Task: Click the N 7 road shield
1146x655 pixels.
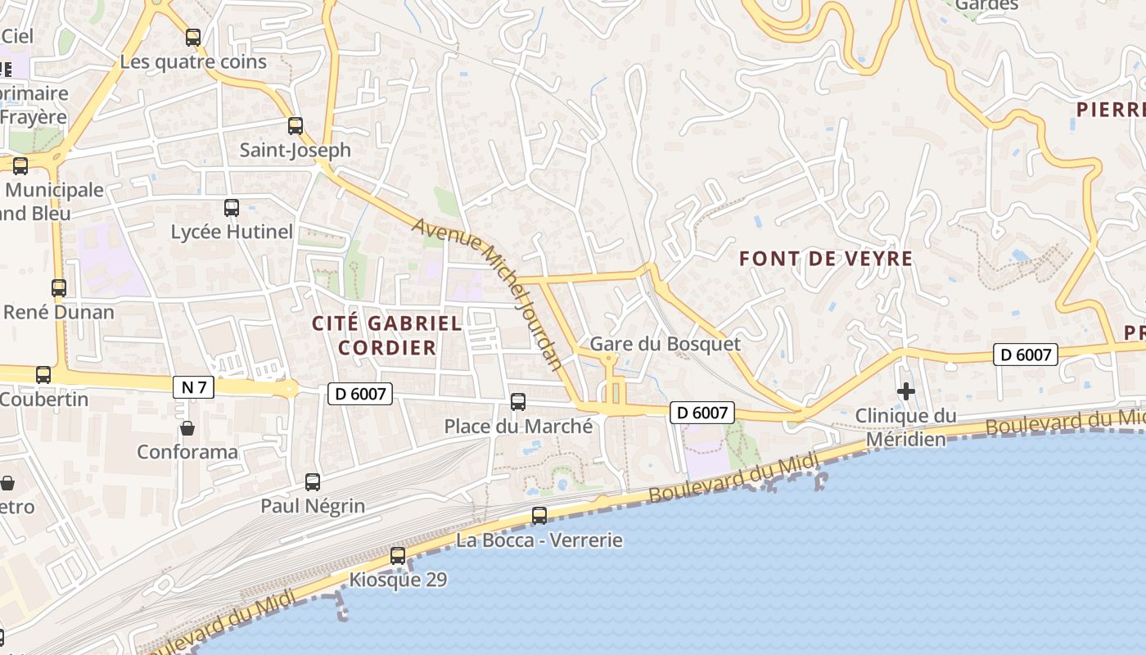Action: [x=193, y=387]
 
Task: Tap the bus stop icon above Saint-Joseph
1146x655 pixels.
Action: [x=296, y=126]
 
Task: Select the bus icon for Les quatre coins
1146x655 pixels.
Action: [x=193, y=37]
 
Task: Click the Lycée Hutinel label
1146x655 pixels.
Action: [x=232, y=232]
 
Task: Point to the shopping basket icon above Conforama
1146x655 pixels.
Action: [x=187, y=428]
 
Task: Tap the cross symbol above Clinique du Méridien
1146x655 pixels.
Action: [x=905, y=391]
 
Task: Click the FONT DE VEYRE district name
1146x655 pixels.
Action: [x=825, y=259]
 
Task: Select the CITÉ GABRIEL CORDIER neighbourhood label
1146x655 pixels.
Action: [x=387, y=335]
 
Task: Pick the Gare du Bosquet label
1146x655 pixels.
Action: [x=665, y=344]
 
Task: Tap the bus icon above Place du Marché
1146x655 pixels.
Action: [x=518, y=402]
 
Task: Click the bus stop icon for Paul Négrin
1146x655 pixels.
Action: [x=313, y=482]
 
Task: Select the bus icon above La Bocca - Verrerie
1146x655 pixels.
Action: [x=539, y=516]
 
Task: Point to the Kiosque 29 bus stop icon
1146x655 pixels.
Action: [x=398, y=556]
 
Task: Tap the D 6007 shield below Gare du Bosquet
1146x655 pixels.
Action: [x=702, y=413]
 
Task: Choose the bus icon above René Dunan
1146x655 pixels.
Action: [x=59, y=288]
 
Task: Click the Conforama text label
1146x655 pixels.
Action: [x=187, y=452]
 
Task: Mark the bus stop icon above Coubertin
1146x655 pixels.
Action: [x=43, y=375]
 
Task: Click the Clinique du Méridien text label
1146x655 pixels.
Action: [x=905, y=427]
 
